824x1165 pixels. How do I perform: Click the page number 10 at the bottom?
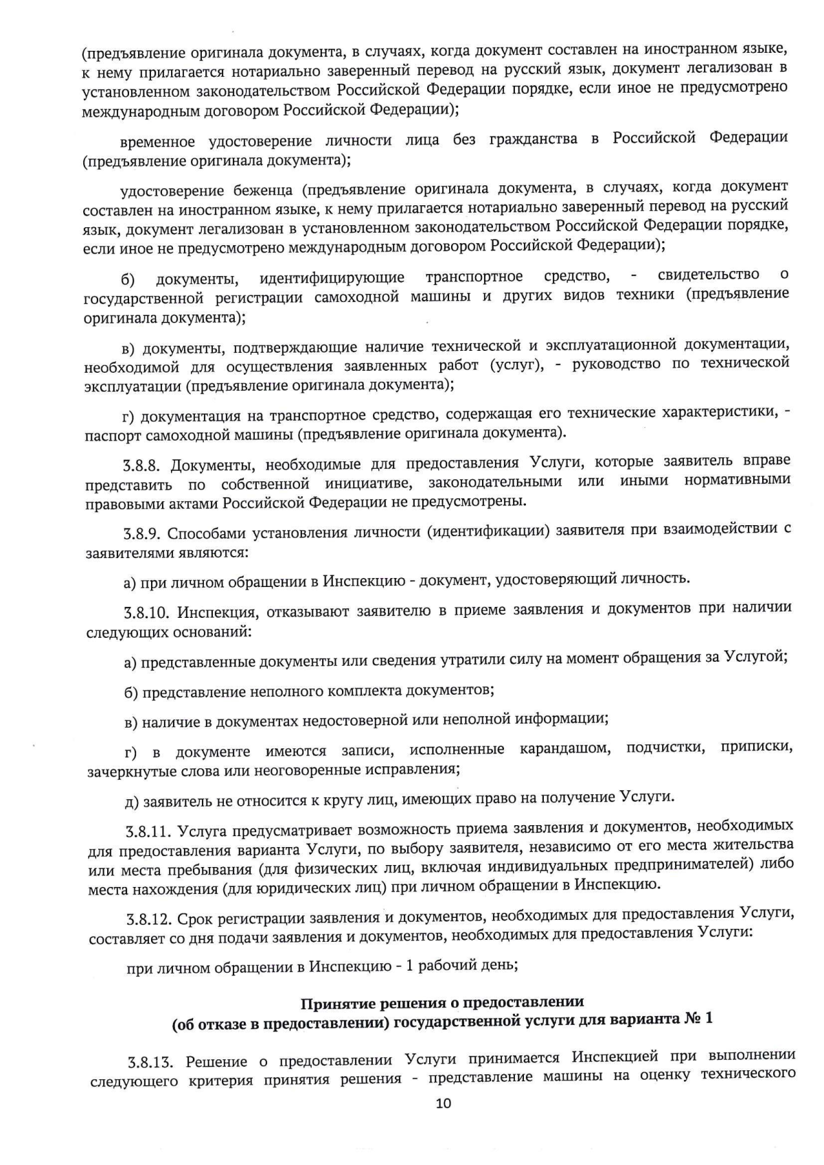click(x=444, y=1103)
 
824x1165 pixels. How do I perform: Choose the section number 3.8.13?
click(x=150, y=1062)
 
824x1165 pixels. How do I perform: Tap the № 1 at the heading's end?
click(x=698, y=1018)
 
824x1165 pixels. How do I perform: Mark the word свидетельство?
click(x=708, y=275)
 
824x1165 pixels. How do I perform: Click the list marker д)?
click(x=133, y=800)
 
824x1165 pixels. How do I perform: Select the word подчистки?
click(x=665, y=747)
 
